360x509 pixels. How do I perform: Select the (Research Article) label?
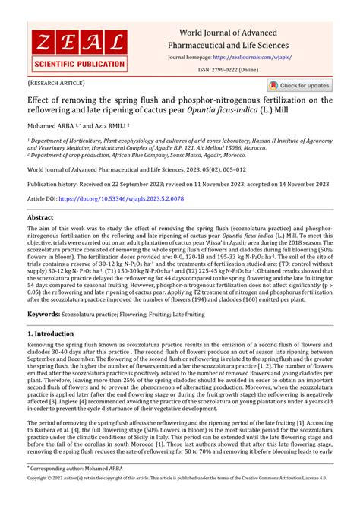(x=57, y=83)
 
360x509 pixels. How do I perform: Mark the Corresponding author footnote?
(x=69, y=491)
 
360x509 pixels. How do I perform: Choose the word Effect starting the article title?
(x=39, y=100)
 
